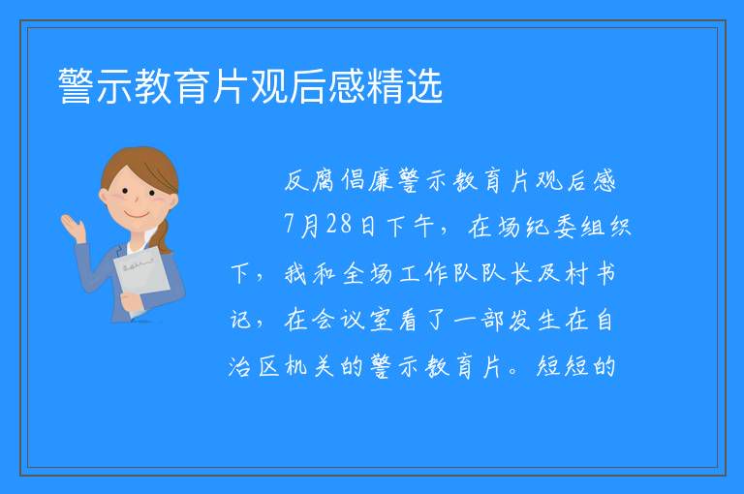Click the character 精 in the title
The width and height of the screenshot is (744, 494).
tap(386, 86)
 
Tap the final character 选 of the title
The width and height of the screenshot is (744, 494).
tap(424, 86)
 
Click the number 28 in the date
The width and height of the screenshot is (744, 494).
tap(339, 224)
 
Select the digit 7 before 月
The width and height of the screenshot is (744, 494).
tap(290, 224)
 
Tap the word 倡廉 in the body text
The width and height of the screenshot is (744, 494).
tap(368, 180)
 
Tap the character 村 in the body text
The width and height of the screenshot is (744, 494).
tap(577, 273)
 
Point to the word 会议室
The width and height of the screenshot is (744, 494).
tap(353, 320)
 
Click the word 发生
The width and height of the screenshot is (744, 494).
tap(534, 320)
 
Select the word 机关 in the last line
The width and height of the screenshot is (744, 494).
tap(309, 366)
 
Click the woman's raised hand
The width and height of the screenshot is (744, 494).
tap(73, 228)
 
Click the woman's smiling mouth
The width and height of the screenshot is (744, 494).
tap(137, 216)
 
